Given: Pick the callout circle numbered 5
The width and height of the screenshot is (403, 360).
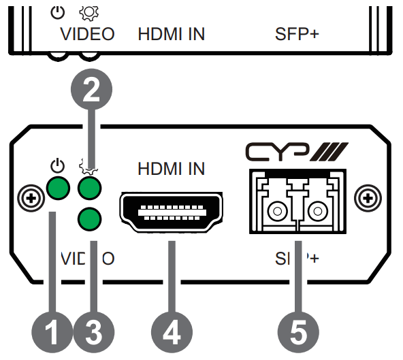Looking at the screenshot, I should tap(296, 332).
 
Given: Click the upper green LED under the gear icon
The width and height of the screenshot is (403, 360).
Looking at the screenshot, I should tap(90, 186).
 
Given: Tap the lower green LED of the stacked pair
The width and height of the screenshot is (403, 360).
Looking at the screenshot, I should tap(90, 219).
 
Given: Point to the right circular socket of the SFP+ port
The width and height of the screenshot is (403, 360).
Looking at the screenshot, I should tap(317, 212).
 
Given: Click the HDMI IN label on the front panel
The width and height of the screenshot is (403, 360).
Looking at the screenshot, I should tap(172, 168).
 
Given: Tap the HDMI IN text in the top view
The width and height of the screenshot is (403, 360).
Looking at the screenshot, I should tap(172, 33).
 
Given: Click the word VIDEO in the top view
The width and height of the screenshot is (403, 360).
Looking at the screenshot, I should tap(87, 33).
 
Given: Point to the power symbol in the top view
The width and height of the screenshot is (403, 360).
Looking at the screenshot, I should tap(57, 11).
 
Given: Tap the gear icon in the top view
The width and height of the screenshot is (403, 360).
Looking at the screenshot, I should tap(87, 12).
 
